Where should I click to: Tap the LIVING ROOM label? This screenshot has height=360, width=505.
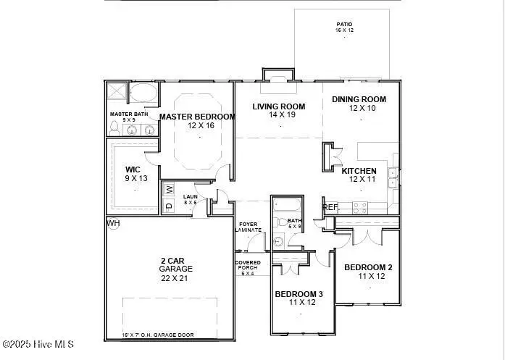(278, 106)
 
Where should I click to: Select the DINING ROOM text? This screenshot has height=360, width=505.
(359, 99)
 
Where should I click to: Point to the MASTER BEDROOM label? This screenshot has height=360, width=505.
(197, 117)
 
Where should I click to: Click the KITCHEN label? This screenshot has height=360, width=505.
(359, 170)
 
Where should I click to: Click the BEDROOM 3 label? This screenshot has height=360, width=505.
(299, 294)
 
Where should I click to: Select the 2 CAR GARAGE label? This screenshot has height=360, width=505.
(176, 264)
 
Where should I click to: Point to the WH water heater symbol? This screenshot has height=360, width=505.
(112, 223)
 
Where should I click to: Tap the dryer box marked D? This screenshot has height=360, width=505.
(170, 206)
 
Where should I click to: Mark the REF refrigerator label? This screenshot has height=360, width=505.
(330, 207)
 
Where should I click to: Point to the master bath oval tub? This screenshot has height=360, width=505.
(143, 94)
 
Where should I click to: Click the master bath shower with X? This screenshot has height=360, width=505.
(117, 93)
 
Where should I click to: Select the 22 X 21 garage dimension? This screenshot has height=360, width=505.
(176, 278)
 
